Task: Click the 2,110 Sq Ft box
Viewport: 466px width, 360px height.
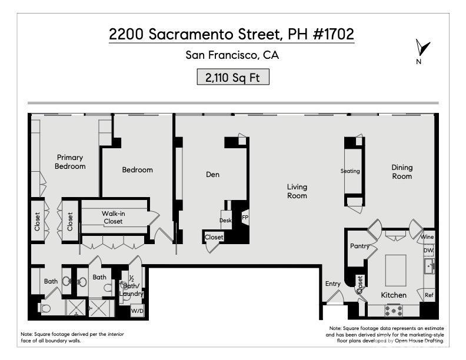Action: (x=233, y=77)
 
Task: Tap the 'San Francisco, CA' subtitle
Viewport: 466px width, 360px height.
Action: (x=232, y=56)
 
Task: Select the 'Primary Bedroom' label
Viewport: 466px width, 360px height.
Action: (x=70, y=162)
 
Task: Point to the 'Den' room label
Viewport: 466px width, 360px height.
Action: (x=212, y=174)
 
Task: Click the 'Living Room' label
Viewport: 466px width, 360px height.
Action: (x=297, y=191)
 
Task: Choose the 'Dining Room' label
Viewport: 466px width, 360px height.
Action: (x=402, y=172)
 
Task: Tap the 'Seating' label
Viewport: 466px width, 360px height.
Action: (x=350, y=171)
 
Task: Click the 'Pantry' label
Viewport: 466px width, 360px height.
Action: (x=359, y=246)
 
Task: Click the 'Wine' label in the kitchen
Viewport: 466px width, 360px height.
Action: (x=427, y=237)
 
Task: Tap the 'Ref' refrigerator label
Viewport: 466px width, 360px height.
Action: (x=429, y=295)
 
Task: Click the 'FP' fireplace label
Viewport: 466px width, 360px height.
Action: (x=245, y=217)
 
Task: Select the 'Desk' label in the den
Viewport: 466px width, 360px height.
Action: (x=225, y=221)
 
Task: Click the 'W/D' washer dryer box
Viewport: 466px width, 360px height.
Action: (x=137, y=311)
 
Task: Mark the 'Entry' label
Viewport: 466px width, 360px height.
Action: (x=333, y=284)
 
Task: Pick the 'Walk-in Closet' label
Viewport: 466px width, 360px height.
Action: (x=113, y=217)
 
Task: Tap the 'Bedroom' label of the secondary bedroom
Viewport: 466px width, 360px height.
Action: (x=137, y=170)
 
